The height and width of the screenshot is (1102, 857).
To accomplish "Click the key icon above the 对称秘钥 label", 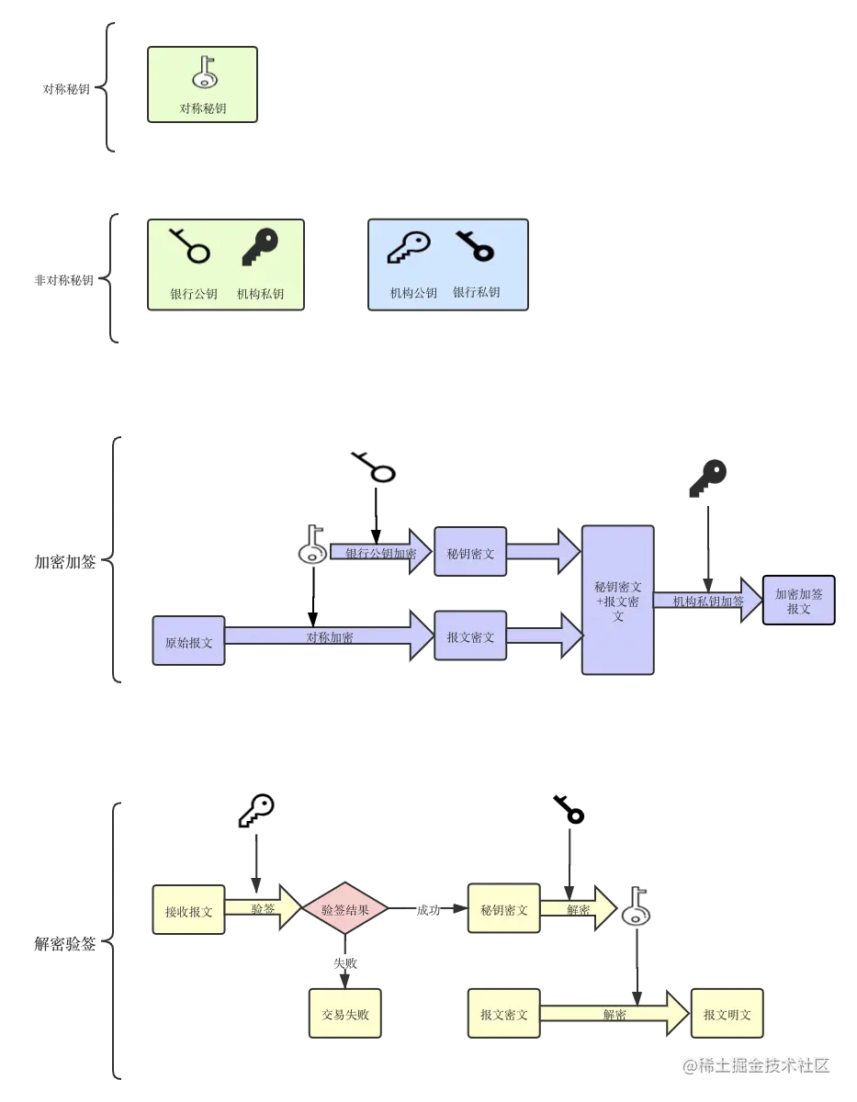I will [204, 72].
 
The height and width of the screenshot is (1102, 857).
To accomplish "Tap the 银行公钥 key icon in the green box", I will [190, 247].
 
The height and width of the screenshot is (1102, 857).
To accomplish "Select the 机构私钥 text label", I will [260, 294].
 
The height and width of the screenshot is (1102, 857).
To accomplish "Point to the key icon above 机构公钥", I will [409, 247].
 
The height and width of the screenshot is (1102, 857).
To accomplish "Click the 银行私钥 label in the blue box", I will [476, 293].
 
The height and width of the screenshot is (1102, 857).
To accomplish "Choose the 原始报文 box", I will [188, 642].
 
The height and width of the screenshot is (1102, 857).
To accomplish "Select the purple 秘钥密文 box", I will [470, 553].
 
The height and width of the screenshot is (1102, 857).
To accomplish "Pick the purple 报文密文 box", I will [470, 636].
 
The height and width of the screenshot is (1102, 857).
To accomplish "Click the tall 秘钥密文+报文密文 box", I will [618, 601].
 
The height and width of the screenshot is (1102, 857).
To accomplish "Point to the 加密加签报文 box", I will [798, 601].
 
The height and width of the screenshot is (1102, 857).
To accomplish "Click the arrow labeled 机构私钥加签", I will [707, 601].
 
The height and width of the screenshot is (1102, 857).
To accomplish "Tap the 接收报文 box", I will [188, 911].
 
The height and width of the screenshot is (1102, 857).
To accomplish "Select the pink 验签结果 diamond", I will [344, 910].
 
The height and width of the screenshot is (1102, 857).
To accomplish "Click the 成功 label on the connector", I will [428, 910].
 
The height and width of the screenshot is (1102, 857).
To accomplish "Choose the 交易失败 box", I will [344, 1015].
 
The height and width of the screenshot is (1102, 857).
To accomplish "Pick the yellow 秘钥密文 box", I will [503, 910].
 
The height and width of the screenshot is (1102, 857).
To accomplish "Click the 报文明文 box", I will [727, 1015].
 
